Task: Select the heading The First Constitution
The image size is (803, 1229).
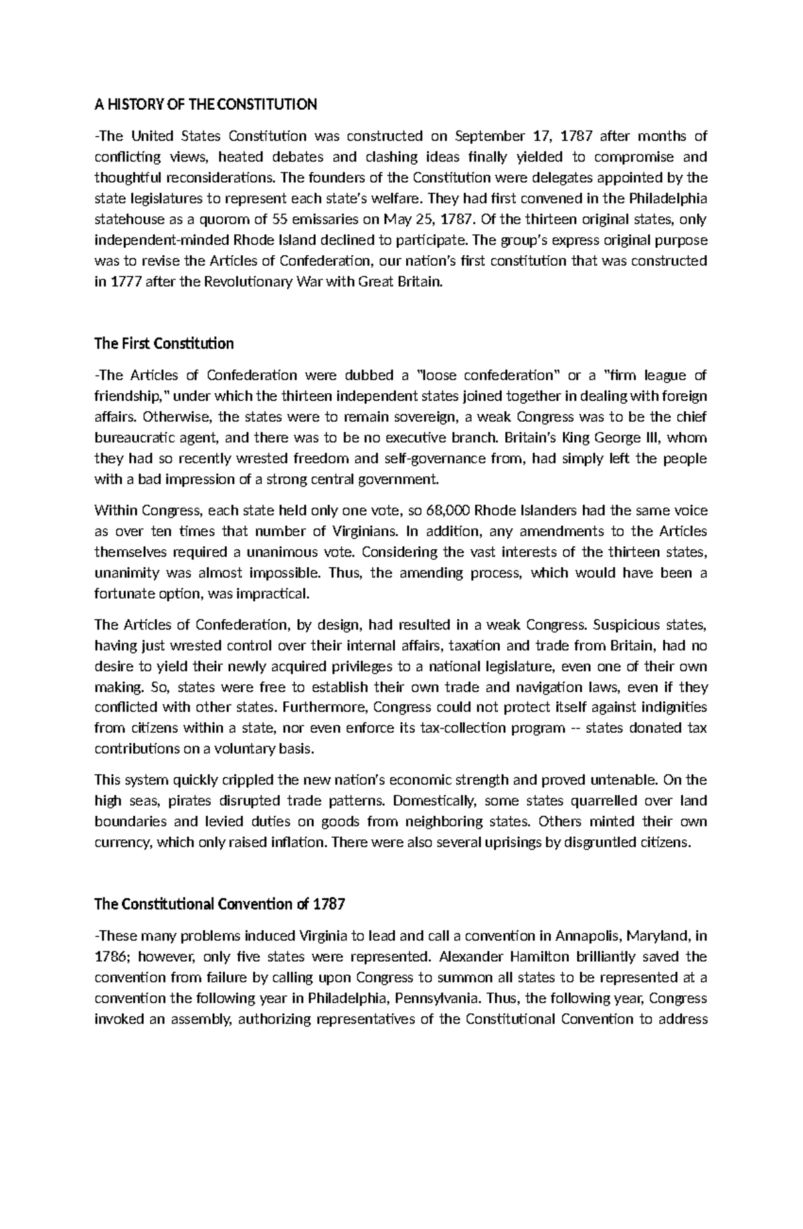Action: (x=164, y=344)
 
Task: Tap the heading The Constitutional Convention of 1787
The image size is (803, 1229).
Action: (x=220, y=904)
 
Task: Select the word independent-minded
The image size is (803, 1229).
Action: (x=156, y=240)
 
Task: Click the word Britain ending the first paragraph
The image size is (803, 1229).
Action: (x=419, y=282)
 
